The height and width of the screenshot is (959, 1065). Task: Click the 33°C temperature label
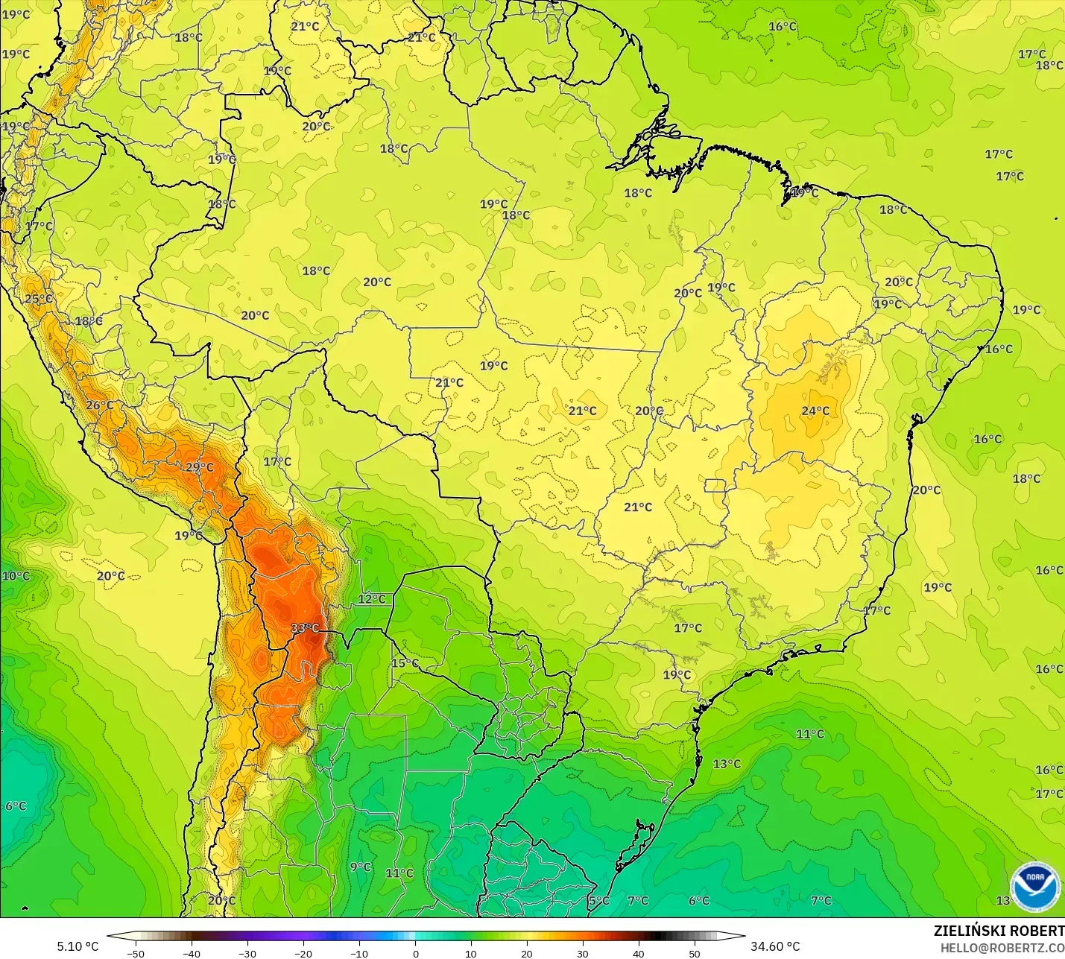coord(305,628)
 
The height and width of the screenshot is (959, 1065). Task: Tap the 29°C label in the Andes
coord(200,467)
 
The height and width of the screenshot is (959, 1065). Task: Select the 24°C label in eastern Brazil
coord(815,411)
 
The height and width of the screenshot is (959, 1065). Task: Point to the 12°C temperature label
coord(372,598)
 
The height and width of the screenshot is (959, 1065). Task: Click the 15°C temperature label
coord(405,662)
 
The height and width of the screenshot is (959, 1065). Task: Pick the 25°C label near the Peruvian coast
coord(39,299)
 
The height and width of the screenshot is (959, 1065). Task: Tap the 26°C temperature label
coord(100,405)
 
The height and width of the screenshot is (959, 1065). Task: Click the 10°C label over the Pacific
coord(16,575)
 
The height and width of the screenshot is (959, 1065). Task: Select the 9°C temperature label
coord(361,867)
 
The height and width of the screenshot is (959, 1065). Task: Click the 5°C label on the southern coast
coord(598,900)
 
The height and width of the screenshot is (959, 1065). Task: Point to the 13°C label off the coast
coord(727,763)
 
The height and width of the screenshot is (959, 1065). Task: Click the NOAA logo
coord(1034,886)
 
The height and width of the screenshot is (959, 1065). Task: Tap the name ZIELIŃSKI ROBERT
coord(999,931)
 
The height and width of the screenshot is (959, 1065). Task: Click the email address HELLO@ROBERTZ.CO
coord(1002,948)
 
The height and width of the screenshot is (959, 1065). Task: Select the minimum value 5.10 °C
coord(78,946)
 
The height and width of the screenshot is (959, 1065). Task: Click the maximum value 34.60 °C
coord(775,946)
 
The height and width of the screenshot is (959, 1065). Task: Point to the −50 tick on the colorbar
coord(136,953)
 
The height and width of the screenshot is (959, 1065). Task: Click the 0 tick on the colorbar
coord(415,953)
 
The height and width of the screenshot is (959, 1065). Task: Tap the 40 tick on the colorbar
coord(639,953)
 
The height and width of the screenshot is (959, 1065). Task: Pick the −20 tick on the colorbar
coord(303,953)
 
